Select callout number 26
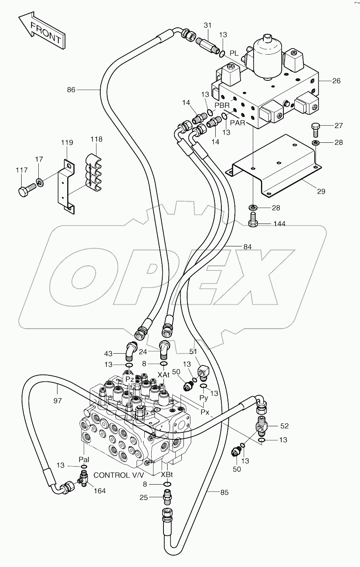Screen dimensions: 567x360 click(336, 81)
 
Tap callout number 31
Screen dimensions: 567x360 click(208, 25)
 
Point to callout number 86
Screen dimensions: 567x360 click(71, 90)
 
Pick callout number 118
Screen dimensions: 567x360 click(96, 140)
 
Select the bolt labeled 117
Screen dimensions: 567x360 click(24, 190)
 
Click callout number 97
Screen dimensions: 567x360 click(57, 401)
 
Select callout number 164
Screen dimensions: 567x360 click(99, 491)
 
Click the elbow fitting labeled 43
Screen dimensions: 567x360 click(129, 350)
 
